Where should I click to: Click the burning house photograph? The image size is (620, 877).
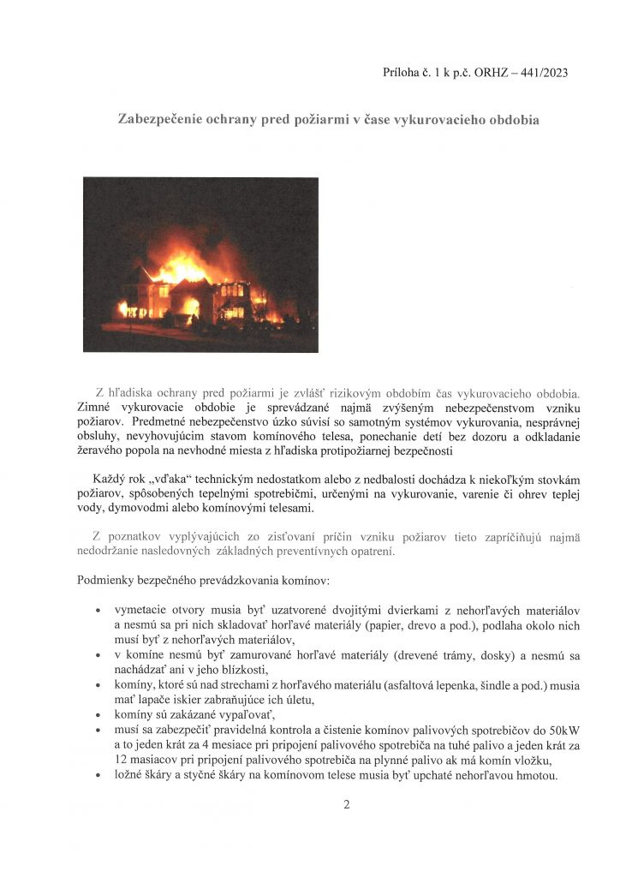pos(200,264)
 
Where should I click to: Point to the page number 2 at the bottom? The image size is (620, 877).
pos(347,804)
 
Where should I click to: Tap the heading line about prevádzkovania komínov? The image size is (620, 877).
pos(203,582)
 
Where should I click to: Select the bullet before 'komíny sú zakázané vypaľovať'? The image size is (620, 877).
pos(101,714)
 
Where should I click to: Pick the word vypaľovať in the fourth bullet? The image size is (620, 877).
pos(224,714)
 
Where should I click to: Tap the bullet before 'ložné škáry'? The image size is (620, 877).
pos(101,776)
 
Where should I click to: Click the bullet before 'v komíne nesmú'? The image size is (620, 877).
pos(101,656)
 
